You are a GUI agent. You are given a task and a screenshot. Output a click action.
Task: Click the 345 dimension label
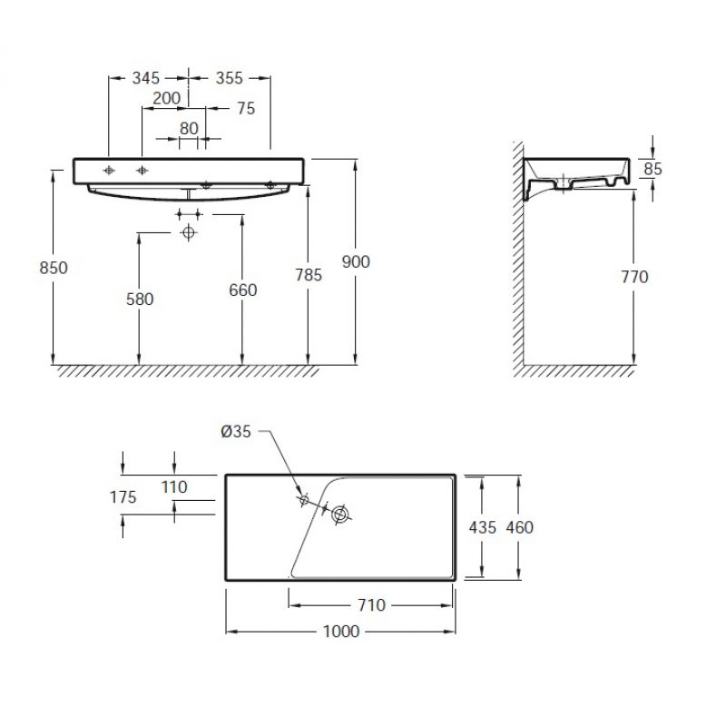pyautogui.click(x=146, y=78)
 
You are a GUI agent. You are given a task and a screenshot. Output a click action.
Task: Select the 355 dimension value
pyautogui.click(x=230, y=78)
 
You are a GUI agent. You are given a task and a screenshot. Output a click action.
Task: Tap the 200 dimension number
pyautogui.click(x=167, y=98)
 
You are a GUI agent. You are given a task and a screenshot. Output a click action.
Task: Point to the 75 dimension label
pyautogui.click(x=246, y=108)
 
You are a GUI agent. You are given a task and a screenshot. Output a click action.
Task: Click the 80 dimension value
pyautogui.click(x=189, y=129)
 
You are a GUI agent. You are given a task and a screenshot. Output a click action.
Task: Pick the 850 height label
pyautogui.click(x=54, y=268)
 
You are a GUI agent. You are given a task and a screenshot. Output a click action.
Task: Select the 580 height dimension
pyautogui.click(x=140, y=299)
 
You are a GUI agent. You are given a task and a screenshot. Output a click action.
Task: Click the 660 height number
pyautogui.click(x=243, y=290)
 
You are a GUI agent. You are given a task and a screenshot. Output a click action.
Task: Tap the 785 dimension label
pyautogui.click(x=309, y=276)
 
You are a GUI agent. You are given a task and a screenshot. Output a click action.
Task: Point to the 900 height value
pyautogui.click(x=356, y=262)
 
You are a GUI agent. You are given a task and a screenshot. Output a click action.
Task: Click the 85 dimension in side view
pyautogui.click(x=652, y=169)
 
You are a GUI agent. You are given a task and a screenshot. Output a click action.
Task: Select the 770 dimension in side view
pyautogui.click(x=634, y=278)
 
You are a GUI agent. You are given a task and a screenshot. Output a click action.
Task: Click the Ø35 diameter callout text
pyautogui.click(x=236, y=432)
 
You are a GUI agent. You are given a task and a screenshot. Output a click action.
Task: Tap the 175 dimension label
pyautogui.click(x=123, y=497)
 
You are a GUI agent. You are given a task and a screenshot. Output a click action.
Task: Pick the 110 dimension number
pyautogui.click(x=174, y=487)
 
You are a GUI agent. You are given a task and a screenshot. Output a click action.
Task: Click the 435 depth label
pyautogui.click(x=483, y=527)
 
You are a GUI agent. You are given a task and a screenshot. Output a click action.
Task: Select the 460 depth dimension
pyautogui.click(x=519, y=527)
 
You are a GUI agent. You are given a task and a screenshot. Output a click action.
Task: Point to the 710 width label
pyautogui.click(x=372, y=605)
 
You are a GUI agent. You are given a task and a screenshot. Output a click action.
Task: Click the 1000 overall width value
pyautogui.click(x=341, y=632)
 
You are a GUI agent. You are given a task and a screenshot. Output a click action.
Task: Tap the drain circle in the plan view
pyautogui.click(x=341, y=514)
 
